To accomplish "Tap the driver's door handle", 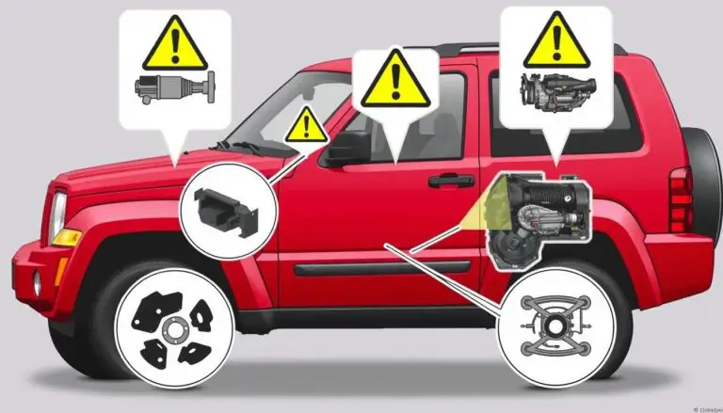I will (x=451, y=180).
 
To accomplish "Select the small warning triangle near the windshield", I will (x=307, y=126).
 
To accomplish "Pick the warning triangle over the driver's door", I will (x=394, y=77).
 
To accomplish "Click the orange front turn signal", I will (x=66, y=237).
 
